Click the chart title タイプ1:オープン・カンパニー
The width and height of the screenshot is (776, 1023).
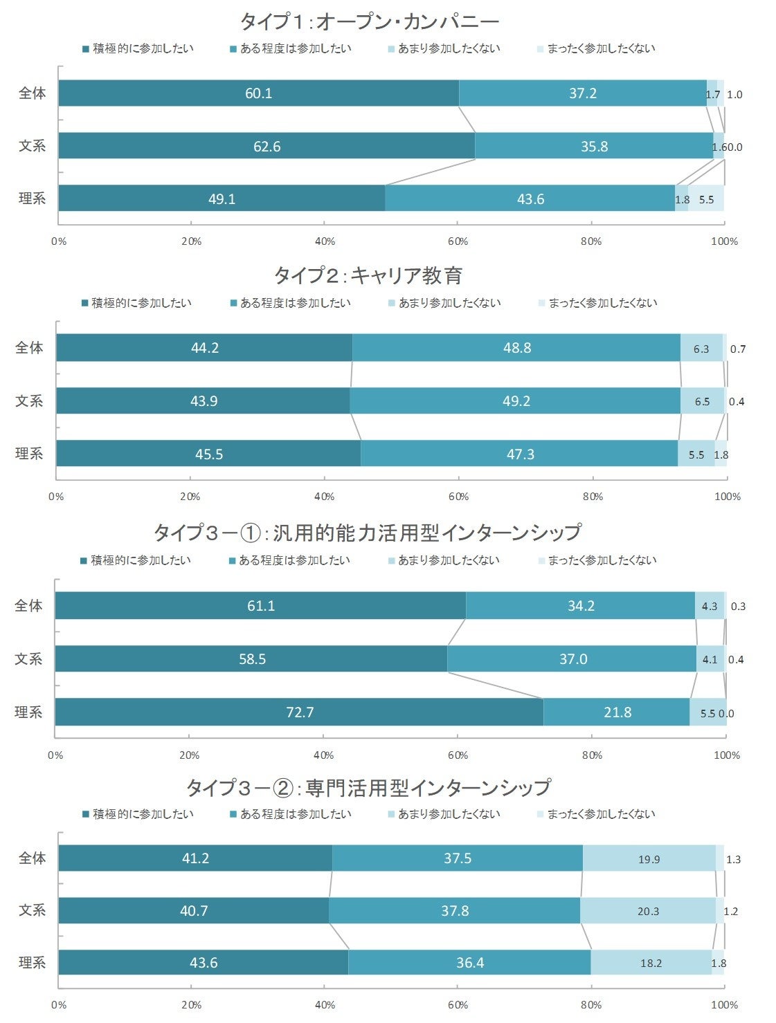(x=370, y=21)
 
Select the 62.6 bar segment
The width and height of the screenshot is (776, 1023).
(x=267, y=146)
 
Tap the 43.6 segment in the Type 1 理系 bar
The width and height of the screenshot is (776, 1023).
(x=530, y=199)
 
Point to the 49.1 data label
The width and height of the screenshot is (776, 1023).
(x=222, y=199)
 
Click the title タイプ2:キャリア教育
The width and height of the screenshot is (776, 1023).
(x=368, y=276)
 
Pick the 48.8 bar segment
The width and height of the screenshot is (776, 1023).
(x=516, y=348)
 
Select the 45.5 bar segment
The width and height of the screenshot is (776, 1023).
(x=208, y=454)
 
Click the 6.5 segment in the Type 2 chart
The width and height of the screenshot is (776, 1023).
(x=702, y=401)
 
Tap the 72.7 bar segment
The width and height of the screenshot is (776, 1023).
(x=299, y=712)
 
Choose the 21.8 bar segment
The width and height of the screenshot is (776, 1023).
(x=617, y=712)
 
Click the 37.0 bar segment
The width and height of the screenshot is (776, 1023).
(x=572, y=659)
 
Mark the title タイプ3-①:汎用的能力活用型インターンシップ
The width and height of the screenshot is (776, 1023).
(x=367, y=533)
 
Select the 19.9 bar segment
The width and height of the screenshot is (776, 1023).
(x=649, y=858)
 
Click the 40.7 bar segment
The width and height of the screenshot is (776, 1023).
(x=194, y=910)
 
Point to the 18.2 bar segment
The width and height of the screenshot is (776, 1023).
(x=651, y=962)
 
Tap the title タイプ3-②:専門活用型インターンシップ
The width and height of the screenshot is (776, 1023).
(x=368, y=787)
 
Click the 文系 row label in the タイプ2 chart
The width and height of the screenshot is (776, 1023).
(x=29, y=401)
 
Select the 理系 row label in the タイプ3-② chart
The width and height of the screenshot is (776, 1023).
(x=32, y=962)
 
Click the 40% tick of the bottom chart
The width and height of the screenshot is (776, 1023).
(x=325, y=1004)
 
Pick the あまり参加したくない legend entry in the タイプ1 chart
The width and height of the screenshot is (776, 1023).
(x=449, y=48)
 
